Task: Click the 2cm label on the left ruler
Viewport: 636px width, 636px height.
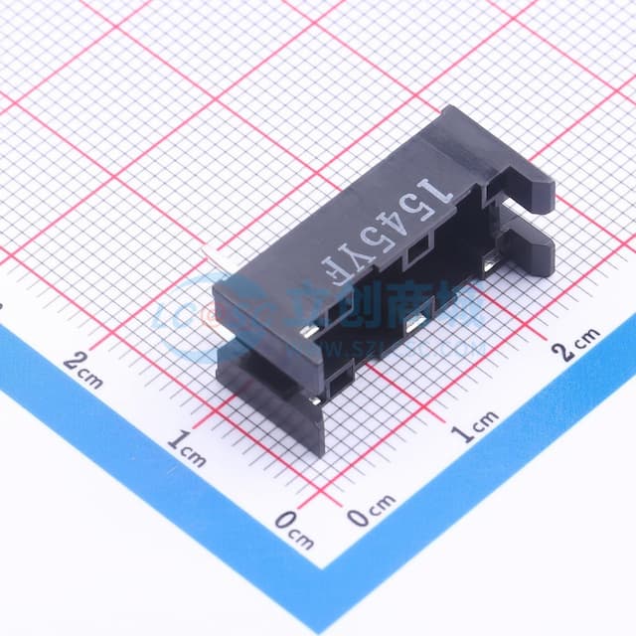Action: (83, 364)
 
